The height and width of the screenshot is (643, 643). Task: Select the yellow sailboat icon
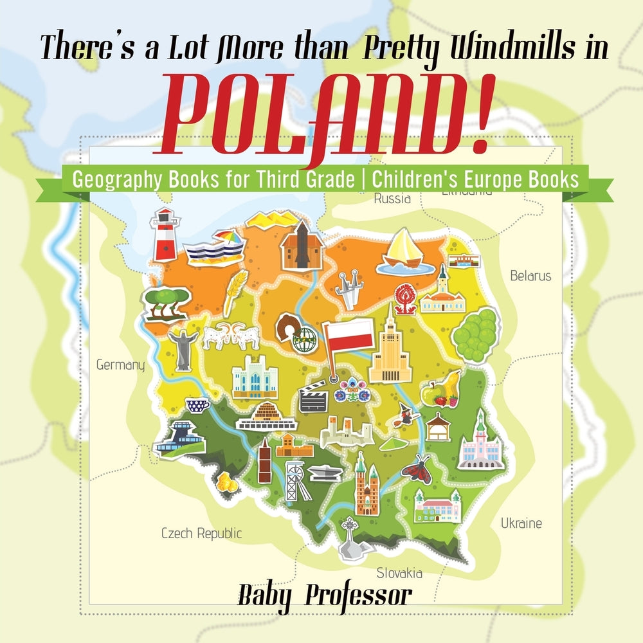pos(403,250)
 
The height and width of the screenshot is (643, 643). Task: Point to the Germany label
pos(120,365)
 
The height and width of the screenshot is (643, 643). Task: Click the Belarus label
pos(530,276)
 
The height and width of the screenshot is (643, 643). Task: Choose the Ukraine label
pos(521,523)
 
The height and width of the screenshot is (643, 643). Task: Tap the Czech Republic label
pos(201,533)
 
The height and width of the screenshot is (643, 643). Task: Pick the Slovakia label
pos(399,573)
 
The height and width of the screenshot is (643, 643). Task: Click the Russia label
pos(392,199)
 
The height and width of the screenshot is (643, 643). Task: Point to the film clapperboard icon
pos(313,396)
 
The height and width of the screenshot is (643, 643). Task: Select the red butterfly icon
pos(415,467)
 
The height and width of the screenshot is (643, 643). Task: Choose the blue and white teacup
pos(197,405)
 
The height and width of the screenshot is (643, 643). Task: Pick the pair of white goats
pos(231,335)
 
